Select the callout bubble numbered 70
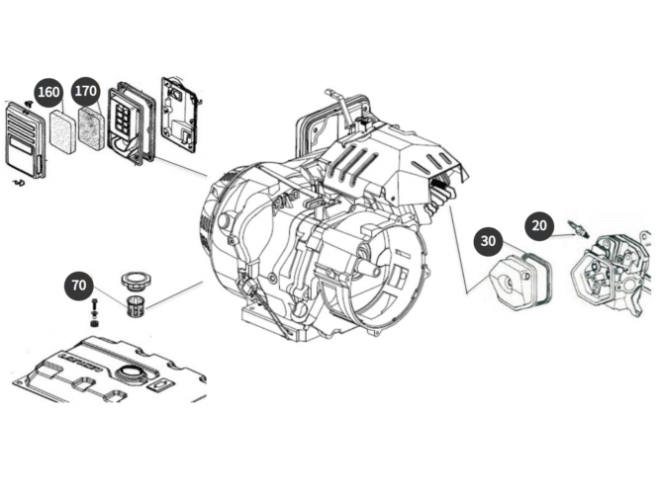(x=79, y=287)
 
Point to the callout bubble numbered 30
(x=488, y=240)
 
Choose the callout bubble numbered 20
(x=539, y=224)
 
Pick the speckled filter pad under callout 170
(x=91, y=128)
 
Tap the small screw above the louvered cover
(x=28, y=103)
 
